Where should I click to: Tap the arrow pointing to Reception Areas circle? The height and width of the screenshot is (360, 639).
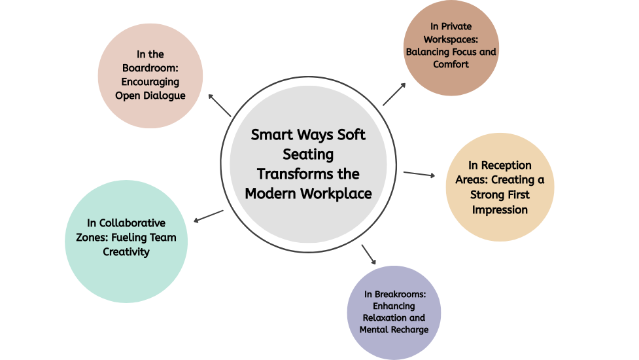419,174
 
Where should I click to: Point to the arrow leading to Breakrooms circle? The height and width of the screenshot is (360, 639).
368,254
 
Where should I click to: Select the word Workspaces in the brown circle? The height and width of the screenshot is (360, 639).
451,39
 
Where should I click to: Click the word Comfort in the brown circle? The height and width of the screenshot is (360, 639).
451,64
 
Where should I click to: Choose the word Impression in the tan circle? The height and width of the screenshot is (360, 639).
500,210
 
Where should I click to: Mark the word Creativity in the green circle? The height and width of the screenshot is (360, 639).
126,251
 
